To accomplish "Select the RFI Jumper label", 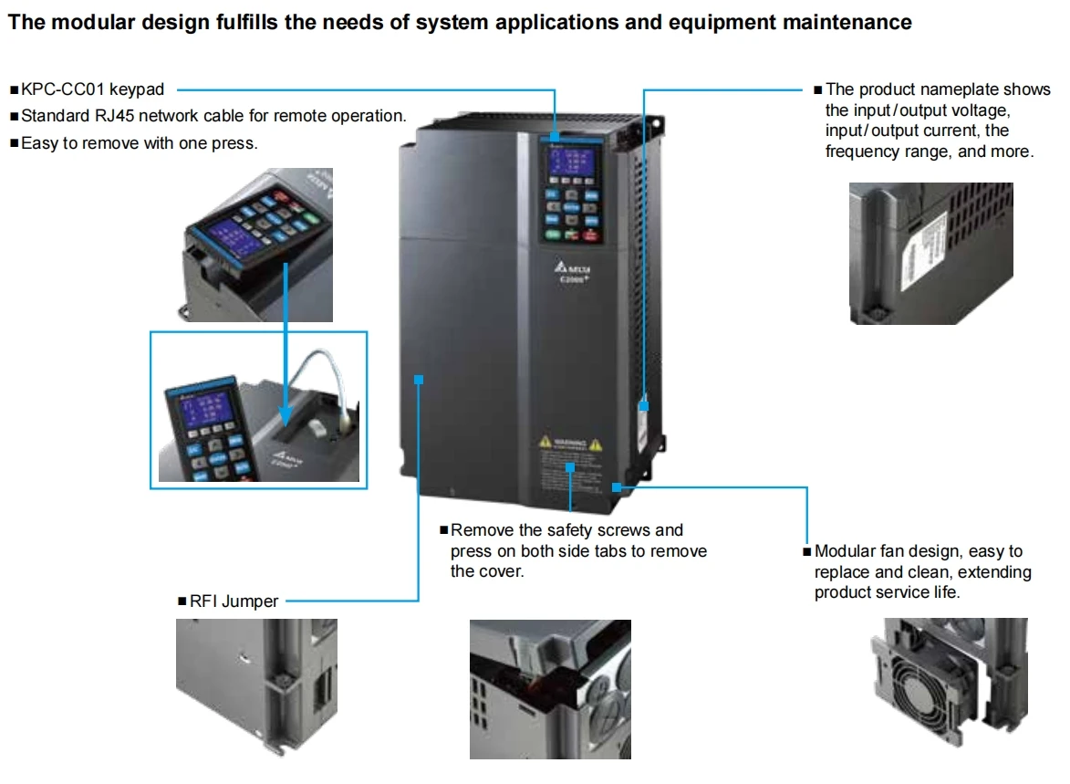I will [234, 601].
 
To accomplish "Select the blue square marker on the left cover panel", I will [419, 378].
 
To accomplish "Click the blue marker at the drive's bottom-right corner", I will [618, 487].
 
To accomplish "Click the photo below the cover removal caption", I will [550, 689].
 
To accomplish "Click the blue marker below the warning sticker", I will [570, 467].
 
